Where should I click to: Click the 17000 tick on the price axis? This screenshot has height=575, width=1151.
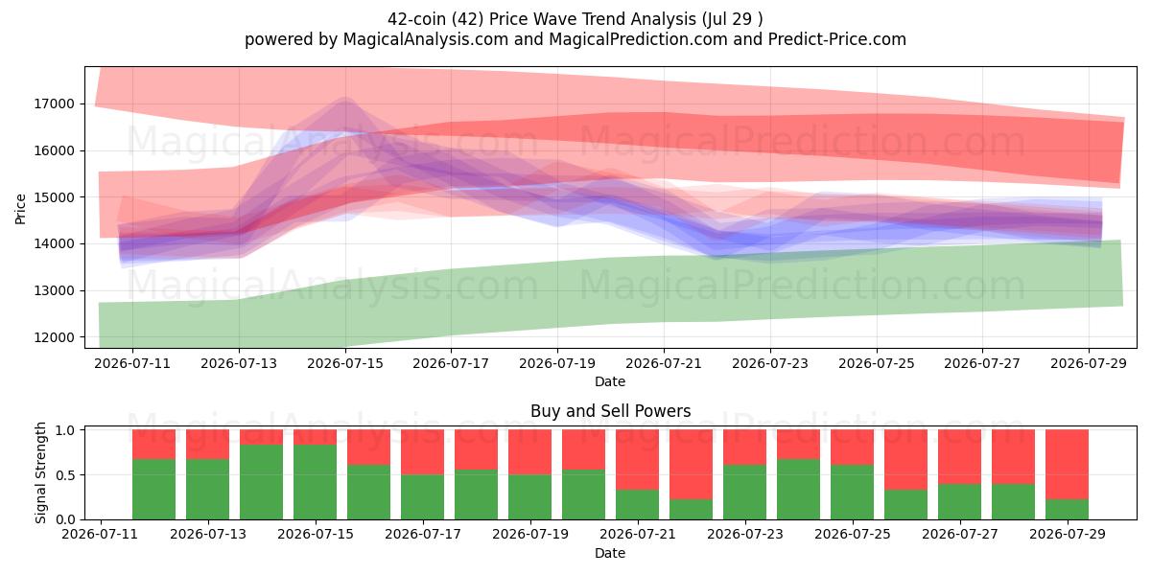pyautogui.click(x=54, y=104)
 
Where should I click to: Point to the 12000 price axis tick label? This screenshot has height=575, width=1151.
pyautogui.click(x=54, y=337)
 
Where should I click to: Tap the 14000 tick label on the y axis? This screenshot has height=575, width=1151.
pyautogui.click(x=54, y=244)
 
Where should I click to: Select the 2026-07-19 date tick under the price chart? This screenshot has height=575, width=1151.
pyautogui.click(x=557, y=364)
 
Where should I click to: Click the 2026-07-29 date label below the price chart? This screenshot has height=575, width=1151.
pyautogui.click(x=1089, y=364)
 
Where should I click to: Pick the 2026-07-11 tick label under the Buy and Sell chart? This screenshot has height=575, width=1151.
pyautogui.click(x=100, y=535)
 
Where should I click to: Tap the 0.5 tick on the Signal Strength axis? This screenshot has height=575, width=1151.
pyautogui.click(x=65, y=475)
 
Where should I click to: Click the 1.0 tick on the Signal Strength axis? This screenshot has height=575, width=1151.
pyautogui.click(x=65, y=430)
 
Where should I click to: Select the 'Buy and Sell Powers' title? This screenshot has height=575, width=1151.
pyautogui.click(x=610, y=411)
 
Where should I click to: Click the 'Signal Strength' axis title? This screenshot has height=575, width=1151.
pyautogui.click(x=40, y=472)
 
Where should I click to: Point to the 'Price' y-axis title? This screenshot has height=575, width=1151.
pyautogui.click(x=20, y=209)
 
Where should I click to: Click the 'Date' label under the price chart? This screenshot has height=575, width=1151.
pyautogui.click(x=610, y=382)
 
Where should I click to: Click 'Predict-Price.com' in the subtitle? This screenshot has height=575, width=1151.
pyautogui.click(x=837, y=39)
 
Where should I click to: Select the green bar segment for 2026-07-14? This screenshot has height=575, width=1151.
pyautogui.click(x=262, y=482)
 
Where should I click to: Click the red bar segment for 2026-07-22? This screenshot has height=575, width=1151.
pyautogui.click(x=692, y=465)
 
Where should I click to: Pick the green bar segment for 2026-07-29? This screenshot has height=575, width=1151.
pyautogui.click(x=1068, y=509)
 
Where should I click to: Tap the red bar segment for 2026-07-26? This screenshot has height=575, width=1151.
pyautogui.click(x=905, y=459)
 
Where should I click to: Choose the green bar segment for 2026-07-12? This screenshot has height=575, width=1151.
pyautogui.click(x=154, y=490)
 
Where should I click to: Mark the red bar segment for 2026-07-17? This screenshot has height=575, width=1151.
pyautogui.click(x=422, y=452)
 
